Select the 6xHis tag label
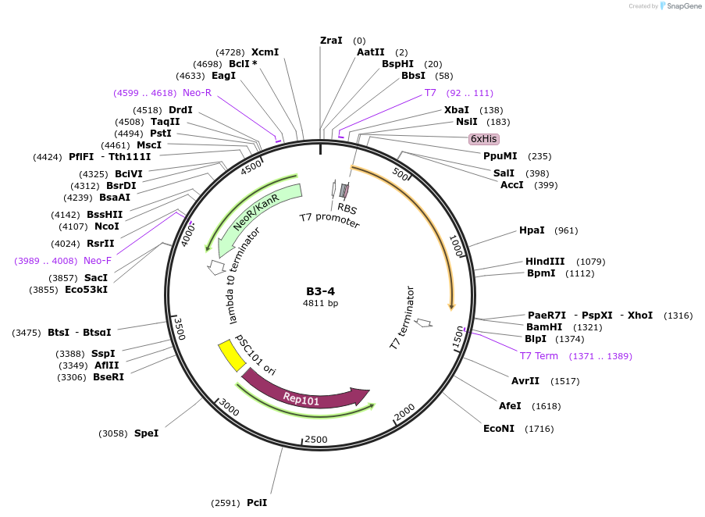tap(483, 139)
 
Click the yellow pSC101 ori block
tap(230, 355)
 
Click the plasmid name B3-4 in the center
tap(321, 291)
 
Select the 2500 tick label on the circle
tap(316, 440)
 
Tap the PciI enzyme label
tap(257, 503)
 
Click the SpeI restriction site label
tap(146, 433)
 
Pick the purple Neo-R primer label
tap(197, 93)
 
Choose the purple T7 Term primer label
tap(539, 356)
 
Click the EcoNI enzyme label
tap(500, 429)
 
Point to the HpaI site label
tap(532, 230)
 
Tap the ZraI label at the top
tap(331, 41)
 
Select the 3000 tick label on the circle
tap(229, 407)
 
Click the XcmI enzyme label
tap(265, 52)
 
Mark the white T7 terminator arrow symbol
tap(424, 322)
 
